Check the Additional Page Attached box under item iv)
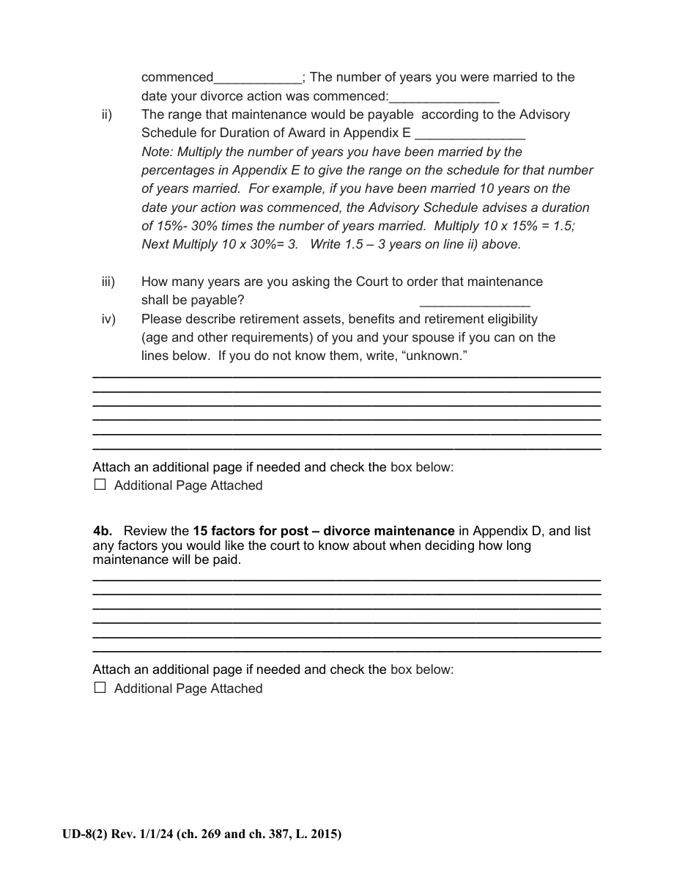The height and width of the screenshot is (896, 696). [100, 485]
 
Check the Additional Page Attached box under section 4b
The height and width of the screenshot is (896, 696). [100, 688]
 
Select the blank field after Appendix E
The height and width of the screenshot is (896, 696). [470, 135]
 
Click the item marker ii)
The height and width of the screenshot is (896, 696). [106, 114]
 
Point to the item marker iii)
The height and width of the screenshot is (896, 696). [108, 282]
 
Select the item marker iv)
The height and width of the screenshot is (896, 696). [108, 319]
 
